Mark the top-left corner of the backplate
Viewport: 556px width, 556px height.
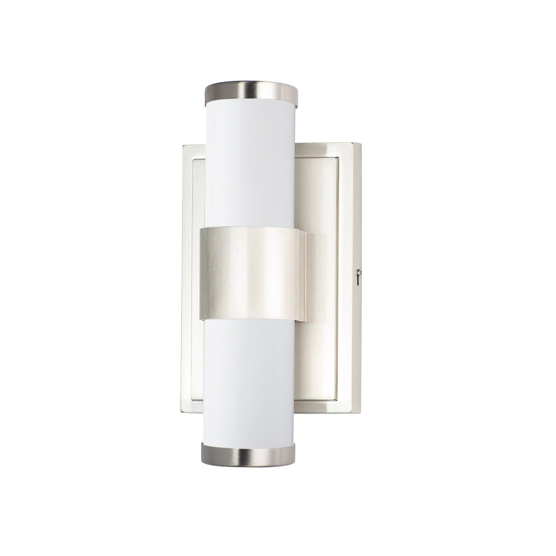[x=184, y=146]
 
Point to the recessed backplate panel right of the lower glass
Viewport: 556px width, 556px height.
[x=317, y=360]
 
